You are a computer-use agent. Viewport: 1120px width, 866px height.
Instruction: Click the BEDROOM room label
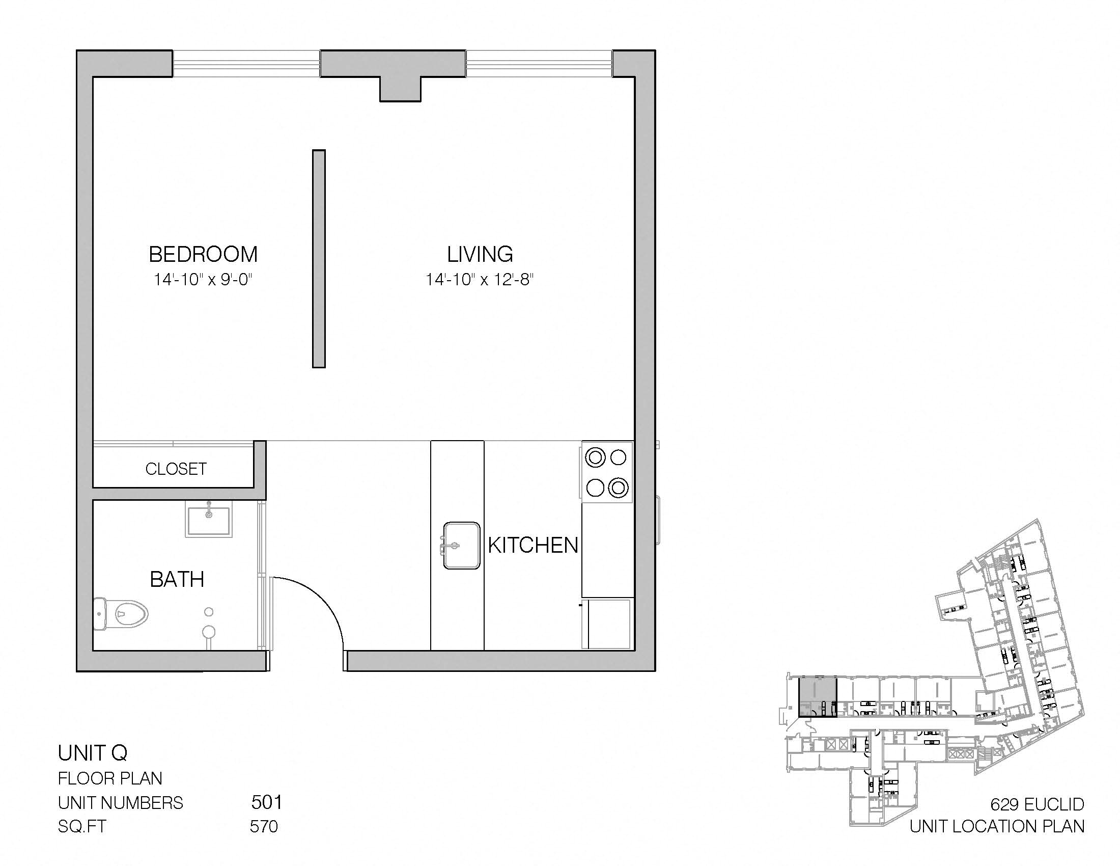click(x=203, y=255)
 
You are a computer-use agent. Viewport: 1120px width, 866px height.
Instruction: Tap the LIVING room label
click(x=480, y=255)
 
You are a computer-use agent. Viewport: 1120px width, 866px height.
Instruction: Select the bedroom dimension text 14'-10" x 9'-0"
click(x=203, y=280)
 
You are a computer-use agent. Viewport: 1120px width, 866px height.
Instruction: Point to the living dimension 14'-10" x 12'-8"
click(x=480, y=280)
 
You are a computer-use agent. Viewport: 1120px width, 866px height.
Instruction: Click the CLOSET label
click(x=176, y=469)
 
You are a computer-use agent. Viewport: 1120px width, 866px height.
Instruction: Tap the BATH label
click(x=177, y=580)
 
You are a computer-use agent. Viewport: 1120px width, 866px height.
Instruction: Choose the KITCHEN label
click(x=534, y=546)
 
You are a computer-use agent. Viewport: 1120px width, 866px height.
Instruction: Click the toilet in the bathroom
click(x=121, y=613)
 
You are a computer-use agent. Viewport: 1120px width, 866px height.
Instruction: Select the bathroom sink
click(x=209, y=519)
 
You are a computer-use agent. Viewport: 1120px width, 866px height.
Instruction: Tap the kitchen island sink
click(x=462, y=546)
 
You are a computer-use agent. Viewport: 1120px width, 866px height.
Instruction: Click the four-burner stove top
click(x=607, y=472)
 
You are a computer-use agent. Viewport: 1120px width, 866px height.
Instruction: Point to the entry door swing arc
click(x=323, y=600)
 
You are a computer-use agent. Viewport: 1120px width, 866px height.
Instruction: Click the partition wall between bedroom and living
click(x=319, y=259)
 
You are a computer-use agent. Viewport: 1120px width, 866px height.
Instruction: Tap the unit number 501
click(x=267, y=802)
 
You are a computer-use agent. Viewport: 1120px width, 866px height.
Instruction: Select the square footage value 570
click(x=264, y=826)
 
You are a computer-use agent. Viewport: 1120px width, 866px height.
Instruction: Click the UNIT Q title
click(x=92, y=753)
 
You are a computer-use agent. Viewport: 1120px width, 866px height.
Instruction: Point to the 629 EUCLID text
click(x=1037, y=804)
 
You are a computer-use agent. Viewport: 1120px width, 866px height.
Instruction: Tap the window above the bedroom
click(x=246, y=64)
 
